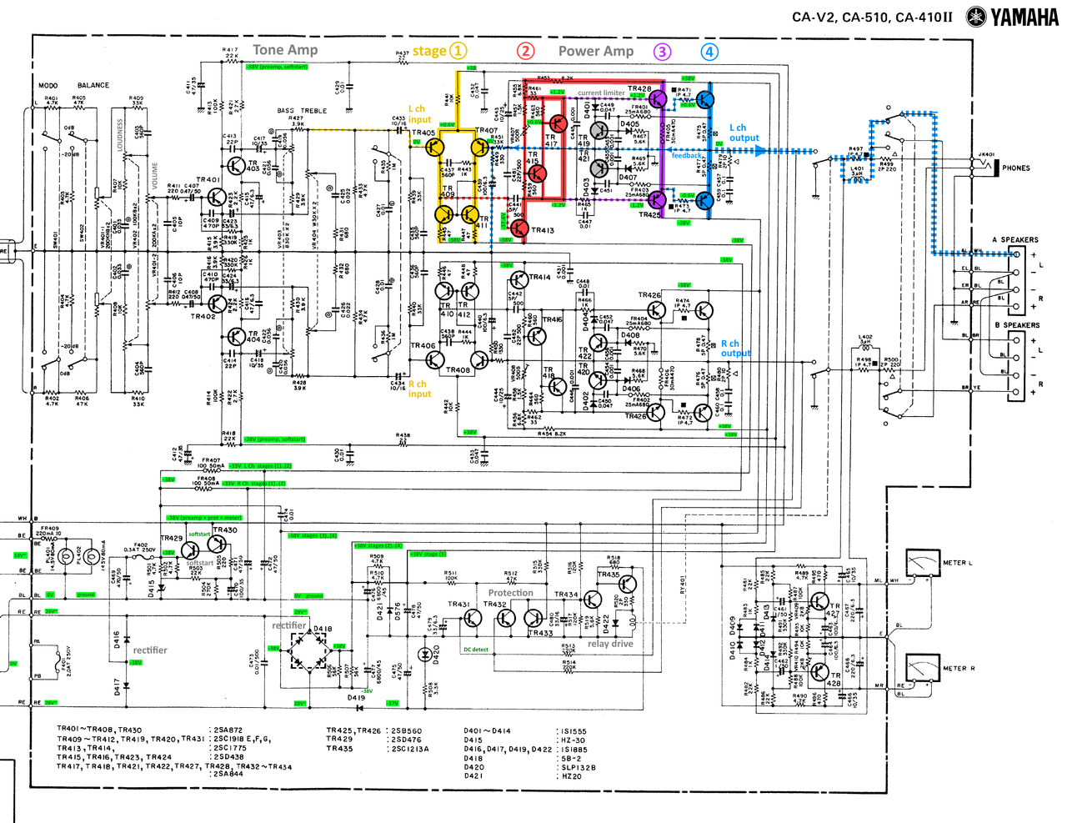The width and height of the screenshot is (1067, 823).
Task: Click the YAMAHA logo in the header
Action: pyautogui.click(x=1012, y=17)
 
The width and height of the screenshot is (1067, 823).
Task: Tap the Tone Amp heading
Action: pyautogui.click(x=285, y=50)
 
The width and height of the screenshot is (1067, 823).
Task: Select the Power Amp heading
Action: pyautogui.click(x=595, y=51)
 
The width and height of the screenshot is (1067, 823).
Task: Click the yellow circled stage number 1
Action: pyautogui.click(x=458, y=51)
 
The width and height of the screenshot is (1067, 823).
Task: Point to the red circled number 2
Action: pyautogui.click(x=525, y=51)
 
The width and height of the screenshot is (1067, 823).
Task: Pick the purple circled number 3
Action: pyautogui.click(x=661, y=52)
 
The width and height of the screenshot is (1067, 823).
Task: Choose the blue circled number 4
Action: pyautogui.click(x=709, y=52)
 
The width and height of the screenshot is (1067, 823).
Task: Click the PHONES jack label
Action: pyautogui.click(x=1015, y=168)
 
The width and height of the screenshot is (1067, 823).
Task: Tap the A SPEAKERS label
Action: pyautogui.click(x=1014, y=240)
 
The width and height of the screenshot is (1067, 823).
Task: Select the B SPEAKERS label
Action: pyautogui.click(x=1016, y=325)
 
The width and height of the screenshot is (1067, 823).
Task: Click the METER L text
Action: pyautogui.click(x=957, y=563)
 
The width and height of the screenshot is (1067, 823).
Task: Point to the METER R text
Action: pyautogui.click(x=958, y=669)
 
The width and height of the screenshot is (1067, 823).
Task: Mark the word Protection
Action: pyautogui.click(x=510, y=593)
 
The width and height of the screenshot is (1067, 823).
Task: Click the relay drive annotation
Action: pyautogui.click(x=610, y=644)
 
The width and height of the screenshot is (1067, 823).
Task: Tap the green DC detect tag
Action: pyautogui.click(x=476, y=650)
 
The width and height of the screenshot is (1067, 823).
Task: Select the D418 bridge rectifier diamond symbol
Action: pyautogui.click(x=309, y=651)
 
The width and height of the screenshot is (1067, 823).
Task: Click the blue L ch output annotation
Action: pyautogui.click(x=744, y=133)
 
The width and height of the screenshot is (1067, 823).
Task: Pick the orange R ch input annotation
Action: pyautogui.click(x=419, y=389)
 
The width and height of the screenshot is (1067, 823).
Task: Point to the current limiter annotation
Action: pyautogui.click(x=601, y=93)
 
